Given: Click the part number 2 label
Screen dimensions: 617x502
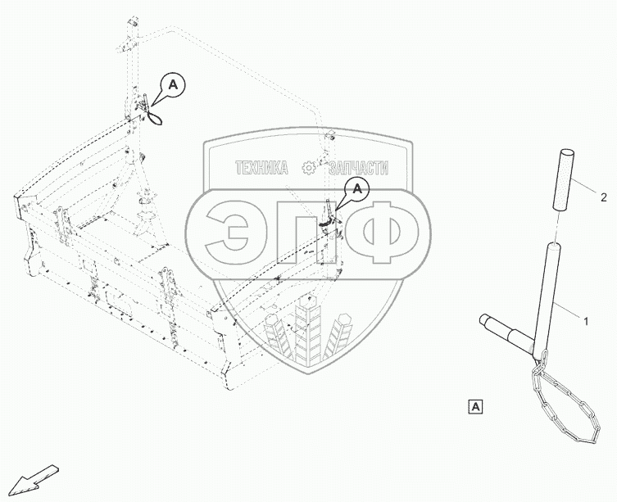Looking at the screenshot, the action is (603, 197).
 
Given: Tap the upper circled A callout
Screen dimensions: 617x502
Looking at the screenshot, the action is (173, 83).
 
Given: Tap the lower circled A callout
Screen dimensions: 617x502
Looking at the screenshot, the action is (357, 189).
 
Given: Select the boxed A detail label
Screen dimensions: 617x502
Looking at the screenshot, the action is (476, 405).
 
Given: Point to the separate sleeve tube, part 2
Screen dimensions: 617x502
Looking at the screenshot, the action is (565, 179).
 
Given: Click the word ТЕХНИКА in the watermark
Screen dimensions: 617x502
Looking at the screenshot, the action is (261, 168).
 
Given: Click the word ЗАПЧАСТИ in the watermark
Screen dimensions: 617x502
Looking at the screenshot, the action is (359, 168).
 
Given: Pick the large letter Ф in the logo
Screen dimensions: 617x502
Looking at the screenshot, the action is (387, 231).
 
